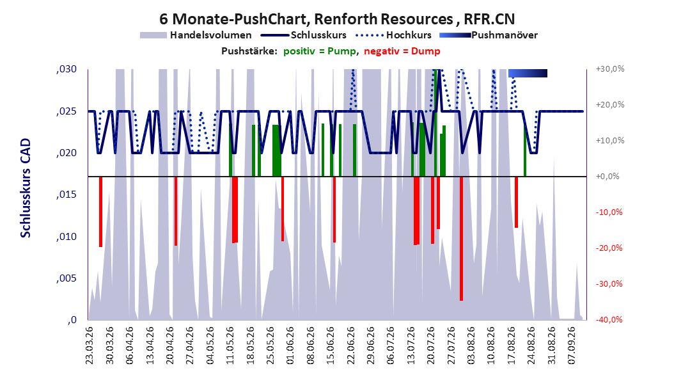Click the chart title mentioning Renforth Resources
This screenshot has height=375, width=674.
(337, 19)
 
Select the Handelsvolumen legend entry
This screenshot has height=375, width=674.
(196, 35)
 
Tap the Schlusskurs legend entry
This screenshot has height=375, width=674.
(304, 35)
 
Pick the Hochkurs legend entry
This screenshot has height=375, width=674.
(393, 35)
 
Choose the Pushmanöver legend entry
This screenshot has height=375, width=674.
(489, 35)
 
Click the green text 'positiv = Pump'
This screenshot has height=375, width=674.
(320, 51)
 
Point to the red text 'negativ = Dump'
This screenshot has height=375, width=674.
(402, 51)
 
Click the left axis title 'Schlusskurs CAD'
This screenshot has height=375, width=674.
(26, 188)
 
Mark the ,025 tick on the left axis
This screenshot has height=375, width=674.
(67, 111)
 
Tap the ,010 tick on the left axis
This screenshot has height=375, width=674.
(67, 237)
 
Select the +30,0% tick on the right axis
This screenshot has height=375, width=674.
(610, 69)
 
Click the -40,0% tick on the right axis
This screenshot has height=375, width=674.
(609, 319)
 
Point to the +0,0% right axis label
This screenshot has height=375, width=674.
(607, 177)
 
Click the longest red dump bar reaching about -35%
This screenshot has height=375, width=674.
(461, 239)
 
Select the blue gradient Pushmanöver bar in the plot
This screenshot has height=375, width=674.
(528, 73)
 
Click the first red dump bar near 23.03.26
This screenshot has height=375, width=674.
(100, 212)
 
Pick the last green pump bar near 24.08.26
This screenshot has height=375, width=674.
(525, 150)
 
